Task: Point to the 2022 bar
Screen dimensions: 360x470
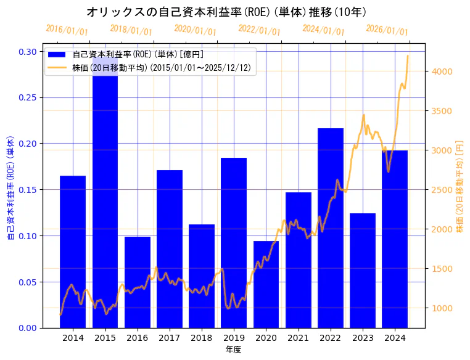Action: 331,227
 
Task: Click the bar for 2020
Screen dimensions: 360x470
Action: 266,284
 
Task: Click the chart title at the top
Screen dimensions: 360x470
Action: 226,12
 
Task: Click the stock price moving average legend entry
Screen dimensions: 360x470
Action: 161,68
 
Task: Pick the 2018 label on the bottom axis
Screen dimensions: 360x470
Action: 202,338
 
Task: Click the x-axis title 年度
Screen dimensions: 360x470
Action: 234,350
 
